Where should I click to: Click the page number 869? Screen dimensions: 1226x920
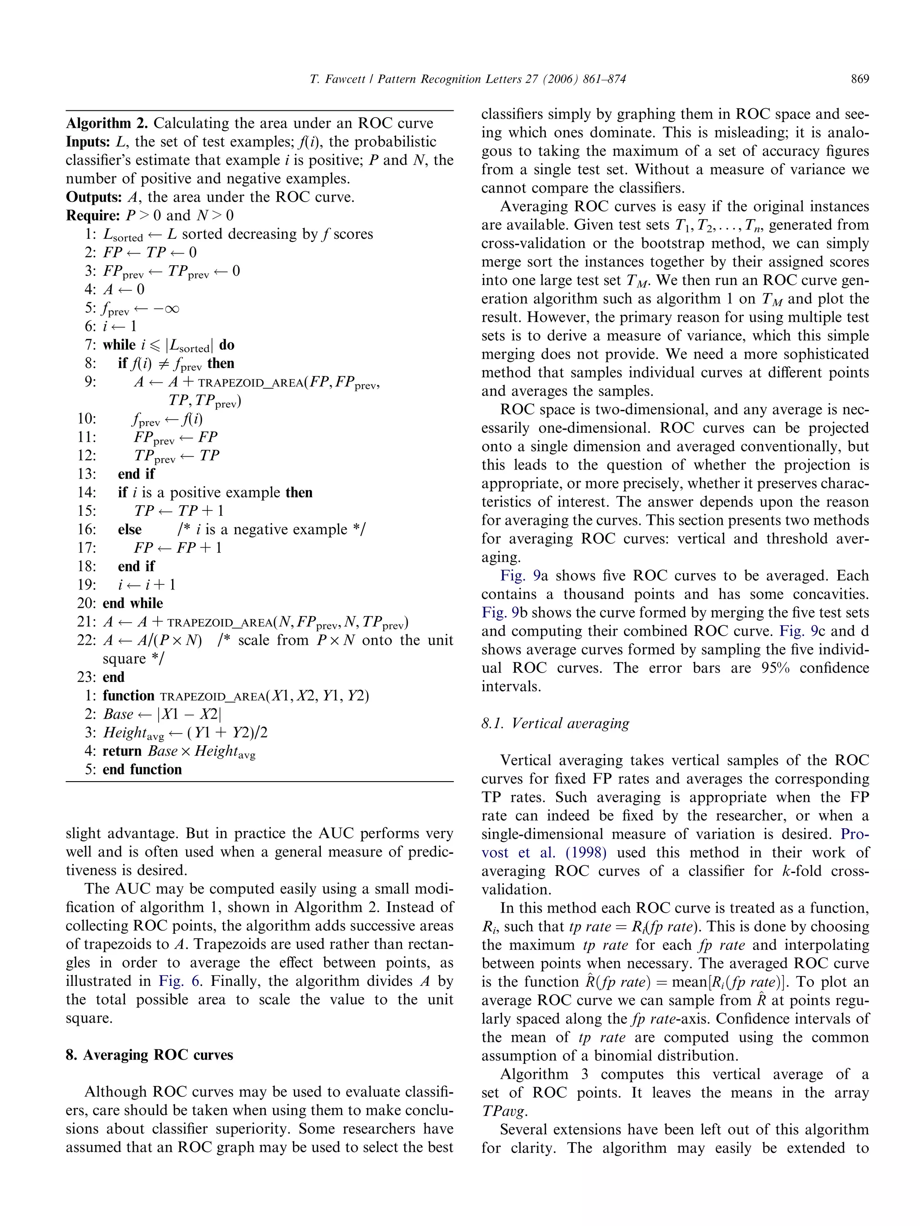pyautogui.click(x=859, y=79)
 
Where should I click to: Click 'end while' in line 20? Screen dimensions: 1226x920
pyautogui.click(x=133, y=603)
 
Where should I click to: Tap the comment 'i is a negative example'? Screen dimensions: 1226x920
pyautogui.click(x=271, y=529)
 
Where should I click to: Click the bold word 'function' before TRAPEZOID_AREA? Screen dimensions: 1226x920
pyautogui.click(x=128, y=695)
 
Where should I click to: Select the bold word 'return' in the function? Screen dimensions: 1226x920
pyautogui.click(x=123, y=751)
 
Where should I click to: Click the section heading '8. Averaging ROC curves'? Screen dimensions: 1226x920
pyautogui.click(x=149, y=1054)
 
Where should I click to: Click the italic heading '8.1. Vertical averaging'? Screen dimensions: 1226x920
pyautogui.click(x=555, y=723)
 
